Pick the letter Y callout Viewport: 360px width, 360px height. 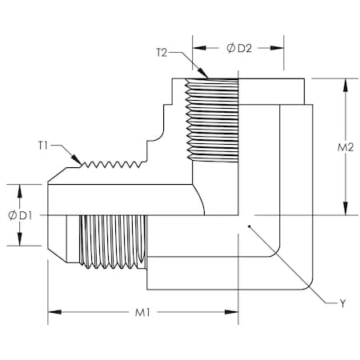click(342, 303)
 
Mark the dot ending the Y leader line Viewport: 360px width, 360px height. click(250, 227)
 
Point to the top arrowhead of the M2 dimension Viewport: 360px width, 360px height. click(346, 81)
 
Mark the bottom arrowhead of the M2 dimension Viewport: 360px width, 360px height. click(346, 214)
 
